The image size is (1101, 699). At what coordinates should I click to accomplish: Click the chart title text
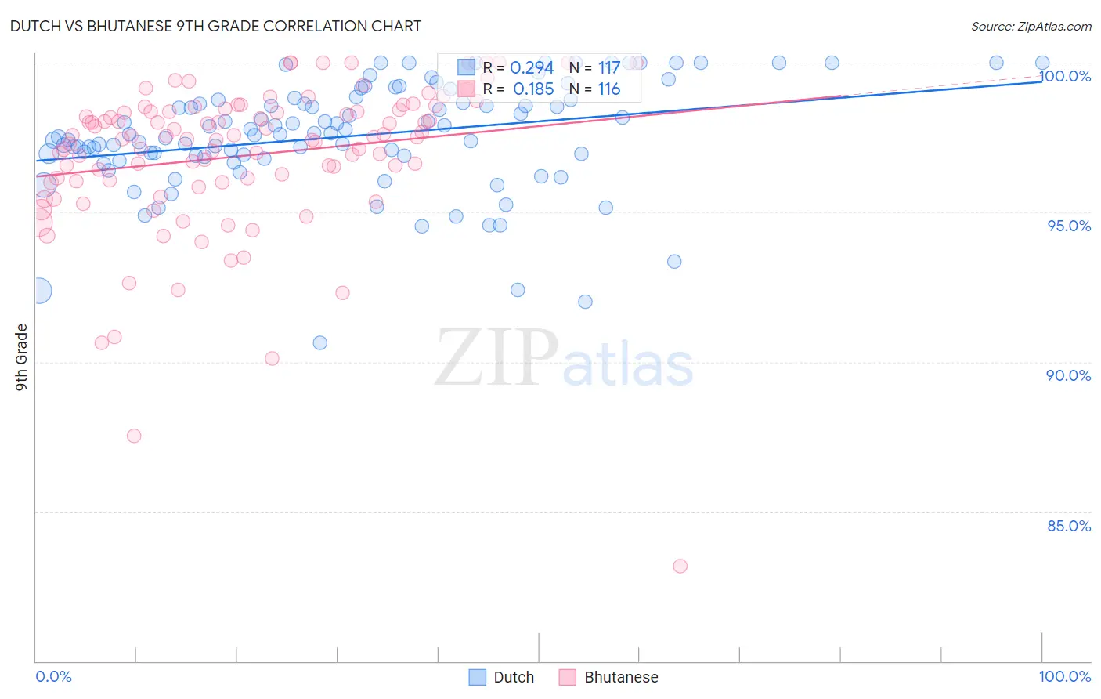click(215, 26)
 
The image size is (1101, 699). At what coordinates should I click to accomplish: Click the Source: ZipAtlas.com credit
click(1031, 27)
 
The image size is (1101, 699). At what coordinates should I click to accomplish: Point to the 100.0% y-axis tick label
click(1065, 76)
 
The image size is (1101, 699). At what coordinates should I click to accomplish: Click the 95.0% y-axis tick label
click(1069, 226)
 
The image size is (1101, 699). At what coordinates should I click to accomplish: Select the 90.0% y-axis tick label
click(1069, 375)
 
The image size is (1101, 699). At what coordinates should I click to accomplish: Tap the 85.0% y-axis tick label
click(1069, 526)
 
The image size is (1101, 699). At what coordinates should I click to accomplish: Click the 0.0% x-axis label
click(53, 676)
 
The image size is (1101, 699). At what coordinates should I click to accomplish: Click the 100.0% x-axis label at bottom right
click(1064, 676)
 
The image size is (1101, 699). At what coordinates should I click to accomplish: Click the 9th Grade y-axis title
click(21, 357)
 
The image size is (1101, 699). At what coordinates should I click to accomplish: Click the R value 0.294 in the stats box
click(532, 68)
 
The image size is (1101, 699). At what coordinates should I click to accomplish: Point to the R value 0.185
click(533, 89)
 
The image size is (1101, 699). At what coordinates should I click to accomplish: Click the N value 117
click(608, 68)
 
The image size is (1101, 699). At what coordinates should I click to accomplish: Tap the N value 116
click(608, 89)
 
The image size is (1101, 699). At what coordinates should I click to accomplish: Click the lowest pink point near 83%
click(680, 566)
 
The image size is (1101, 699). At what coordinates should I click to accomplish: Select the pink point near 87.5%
click(134, 436)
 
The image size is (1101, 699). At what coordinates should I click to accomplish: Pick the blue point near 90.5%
click(319, 342)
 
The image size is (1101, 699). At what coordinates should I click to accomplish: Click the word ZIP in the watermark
click(496, 358)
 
